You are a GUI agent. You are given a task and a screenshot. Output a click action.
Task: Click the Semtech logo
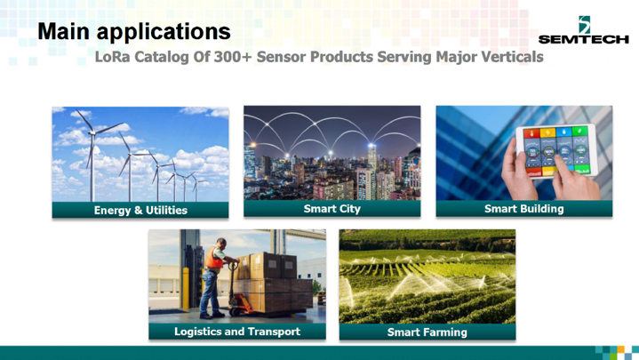[584, 30]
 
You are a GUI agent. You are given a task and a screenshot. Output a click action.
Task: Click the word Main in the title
[64, 31]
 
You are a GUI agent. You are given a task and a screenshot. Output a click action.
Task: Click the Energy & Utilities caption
[140, 211]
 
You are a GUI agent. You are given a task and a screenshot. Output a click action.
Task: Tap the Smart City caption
[332, 209]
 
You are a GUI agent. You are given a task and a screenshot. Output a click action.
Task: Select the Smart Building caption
[524, 209]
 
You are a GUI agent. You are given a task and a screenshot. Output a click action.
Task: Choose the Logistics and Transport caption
[237, 332]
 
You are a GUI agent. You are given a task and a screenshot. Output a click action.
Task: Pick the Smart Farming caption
[427, 332]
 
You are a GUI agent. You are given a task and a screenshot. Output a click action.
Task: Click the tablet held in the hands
[556, 151]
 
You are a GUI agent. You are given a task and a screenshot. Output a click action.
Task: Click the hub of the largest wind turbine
[92, 132]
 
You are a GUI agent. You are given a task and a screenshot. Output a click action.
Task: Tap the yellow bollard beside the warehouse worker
[186, 288]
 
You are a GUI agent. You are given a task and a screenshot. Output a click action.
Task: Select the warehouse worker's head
[221, 243]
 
